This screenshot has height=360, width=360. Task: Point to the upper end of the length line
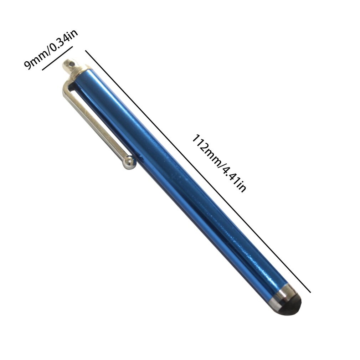click(86, 51)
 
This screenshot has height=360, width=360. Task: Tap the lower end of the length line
click(310, 292)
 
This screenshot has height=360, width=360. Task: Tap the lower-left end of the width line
click(43, 70)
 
